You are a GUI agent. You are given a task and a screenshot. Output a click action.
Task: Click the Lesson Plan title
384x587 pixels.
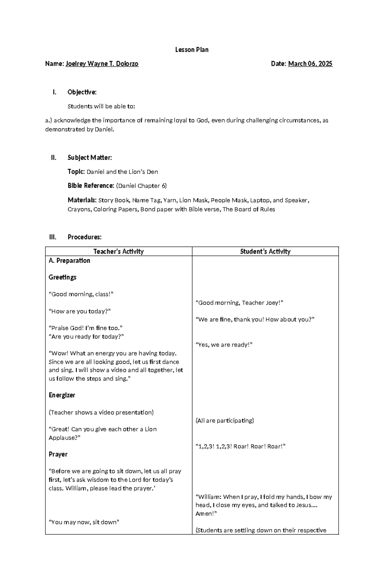coord(192,50)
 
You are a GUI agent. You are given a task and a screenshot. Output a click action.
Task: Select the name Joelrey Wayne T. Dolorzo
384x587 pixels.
coord(102,64)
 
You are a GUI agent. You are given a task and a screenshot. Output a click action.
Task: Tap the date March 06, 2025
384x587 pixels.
coord(310,64)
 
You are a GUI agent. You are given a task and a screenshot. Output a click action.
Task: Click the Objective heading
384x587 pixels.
coord(82,92)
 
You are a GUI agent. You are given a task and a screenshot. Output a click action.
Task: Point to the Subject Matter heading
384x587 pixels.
coord(90,157)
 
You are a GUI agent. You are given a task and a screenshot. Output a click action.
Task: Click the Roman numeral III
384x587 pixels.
coord(52,237)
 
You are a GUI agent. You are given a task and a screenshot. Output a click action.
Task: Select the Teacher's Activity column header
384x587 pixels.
coord(118,251)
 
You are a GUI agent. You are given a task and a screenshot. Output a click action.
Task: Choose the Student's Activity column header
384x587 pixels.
coord(265,251)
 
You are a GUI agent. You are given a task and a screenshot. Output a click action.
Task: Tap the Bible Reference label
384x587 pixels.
coord(91,186)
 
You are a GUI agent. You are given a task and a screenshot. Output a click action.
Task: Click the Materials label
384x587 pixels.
coord(82,200)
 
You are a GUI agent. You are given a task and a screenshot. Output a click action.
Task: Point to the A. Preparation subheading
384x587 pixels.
coord(69,260)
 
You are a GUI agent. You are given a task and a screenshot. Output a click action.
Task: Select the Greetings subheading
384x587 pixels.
coord(62,277)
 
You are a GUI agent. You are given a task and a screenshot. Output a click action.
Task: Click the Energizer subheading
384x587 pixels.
coord(62,395)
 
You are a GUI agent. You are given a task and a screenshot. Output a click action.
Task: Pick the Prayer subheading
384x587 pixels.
coord(58,454)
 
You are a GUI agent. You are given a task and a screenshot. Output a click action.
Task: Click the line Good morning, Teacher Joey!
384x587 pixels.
coord(239,303)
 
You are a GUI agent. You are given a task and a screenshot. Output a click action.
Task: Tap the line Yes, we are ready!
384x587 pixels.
coord(224,345)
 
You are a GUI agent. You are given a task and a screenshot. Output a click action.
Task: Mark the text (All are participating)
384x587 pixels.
coord(225,420)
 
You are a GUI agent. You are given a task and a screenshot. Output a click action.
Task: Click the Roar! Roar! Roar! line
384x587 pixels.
coord(240,446)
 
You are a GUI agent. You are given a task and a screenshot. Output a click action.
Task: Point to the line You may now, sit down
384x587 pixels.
coord(84,522)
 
